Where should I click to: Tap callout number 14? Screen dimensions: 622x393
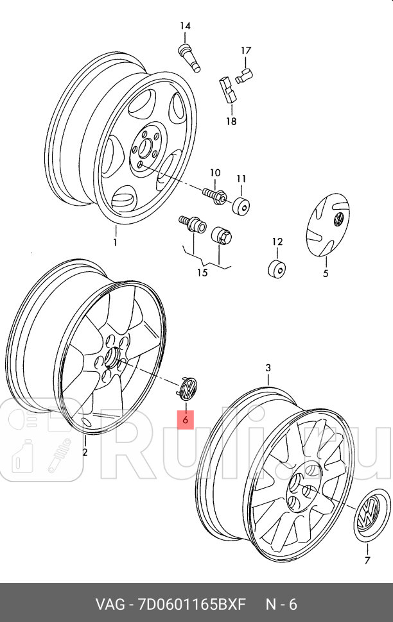click(185, 26)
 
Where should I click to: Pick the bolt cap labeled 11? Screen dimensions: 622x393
click(241, 205)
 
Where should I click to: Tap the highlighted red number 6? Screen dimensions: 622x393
click(185, 420)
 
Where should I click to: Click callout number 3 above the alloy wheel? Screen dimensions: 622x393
click(269, 368)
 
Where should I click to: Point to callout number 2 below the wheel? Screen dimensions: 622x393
click(85, 453)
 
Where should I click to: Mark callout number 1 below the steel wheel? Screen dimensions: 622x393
click(116, 242)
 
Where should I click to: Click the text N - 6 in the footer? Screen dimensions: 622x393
click(282, 604)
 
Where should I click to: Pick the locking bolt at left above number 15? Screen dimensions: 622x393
click(191, 225)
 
